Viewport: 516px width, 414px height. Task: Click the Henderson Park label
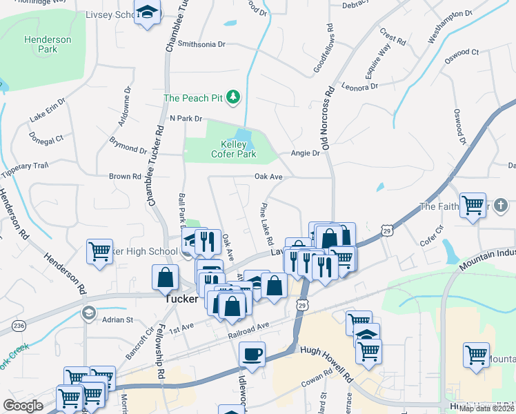[x=48, y=44]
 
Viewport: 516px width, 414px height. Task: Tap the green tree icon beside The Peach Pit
[x=233, y=97]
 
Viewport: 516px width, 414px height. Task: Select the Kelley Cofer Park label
[x=238, y=149]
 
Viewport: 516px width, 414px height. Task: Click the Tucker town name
[x=182, y=300]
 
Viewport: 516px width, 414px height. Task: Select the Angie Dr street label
[x=306, y=153]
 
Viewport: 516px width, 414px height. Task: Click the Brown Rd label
[x=125, y=177]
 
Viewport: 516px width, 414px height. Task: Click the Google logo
[x=23, y=406]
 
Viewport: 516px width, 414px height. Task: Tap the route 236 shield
[x=19, y=325]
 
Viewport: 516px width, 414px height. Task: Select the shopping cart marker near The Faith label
[x=473, y=204]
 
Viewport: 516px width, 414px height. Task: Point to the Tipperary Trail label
[x=26, y=166]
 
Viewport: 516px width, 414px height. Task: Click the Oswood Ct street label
[x=462, y=52]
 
